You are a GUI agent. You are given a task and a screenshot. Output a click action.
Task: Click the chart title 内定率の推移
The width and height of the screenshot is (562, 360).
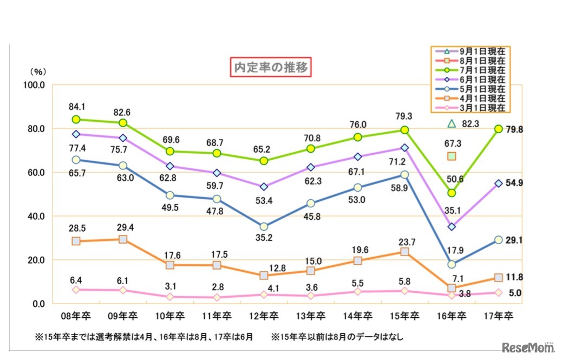pyautogui.click(x=271, y=68)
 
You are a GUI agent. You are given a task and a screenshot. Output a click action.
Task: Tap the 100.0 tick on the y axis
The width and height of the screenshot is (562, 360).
pyautogui.click(x=35, y=85)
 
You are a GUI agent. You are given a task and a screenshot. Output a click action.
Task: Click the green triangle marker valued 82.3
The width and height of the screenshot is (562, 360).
pyautogui.click(x=451, y=124)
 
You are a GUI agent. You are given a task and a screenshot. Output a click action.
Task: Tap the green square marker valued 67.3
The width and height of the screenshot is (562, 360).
pyautogui.click(x=451, y=156)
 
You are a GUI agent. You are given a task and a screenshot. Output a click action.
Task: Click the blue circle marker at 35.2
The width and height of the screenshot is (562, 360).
pyautogui.click(x=264, y=227)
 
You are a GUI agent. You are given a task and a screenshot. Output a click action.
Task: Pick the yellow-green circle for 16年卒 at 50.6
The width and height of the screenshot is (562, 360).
pyautogui.click(x=451, y=193)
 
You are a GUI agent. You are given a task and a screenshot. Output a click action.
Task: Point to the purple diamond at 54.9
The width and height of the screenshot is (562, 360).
pyautogui.click(x=498, y=184)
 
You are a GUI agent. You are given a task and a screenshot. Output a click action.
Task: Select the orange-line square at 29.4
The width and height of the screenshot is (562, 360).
pyautogui.click(x=123, y=239)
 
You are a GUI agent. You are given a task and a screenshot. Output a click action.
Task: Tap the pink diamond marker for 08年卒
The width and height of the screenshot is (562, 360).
pyautogui.click(x=76, y=290)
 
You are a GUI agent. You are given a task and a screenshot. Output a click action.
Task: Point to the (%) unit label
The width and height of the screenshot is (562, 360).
pyautogui.click(x=38, y=71)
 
